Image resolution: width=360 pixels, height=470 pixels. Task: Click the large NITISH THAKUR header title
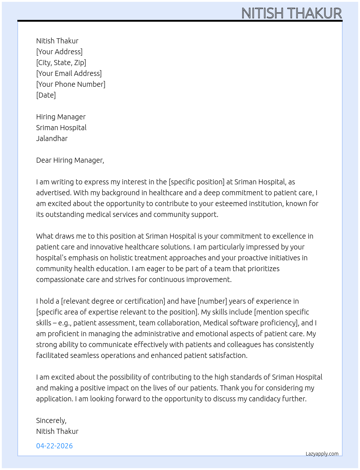[x=291, y=13]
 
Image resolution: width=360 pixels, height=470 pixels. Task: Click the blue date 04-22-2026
[x=54, y=446]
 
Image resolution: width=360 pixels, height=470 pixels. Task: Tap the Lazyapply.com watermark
[x=322, y=454]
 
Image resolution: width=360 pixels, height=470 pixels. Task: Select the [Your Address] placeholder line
[x=59, y=52]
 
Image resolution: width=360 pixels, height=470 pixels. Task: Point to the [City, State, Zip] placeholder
[x=61, y=63]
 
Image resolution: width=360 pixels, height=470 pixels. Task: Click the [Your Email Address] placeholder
[x=69, y=73]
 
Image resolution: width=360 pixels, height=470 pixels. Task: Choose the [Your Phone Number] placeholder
[x=71, y=84]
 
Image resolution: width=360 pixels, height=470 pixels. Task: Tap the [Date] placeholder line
[x=46, y=95]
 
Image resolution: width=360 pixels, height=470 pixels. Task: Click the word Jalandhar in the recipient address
[x=52, y=138]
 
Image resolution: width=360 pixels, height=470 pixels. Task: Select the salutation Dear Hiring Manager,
[x=70, y=160]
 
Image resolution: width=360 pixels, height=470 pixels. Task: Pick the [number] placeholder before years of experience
[x=212, y=301]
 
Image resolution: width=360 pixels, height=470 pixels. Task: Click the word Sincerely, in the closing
[x=51, y=420]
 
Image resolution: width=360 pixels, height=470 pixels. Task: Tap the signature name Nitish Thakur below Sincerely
[x=57, y=431]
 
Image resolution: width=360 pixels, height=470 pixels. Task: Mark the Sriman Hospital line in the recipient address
[x=61, y=128]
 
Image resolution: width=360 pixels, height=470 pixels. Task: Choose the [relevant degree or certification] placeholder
[x=113, y=301]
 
